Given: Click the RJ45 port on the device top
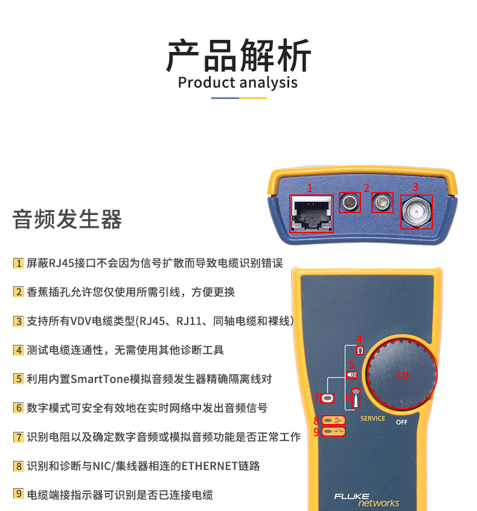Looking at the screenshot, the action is click(x=312, y=214).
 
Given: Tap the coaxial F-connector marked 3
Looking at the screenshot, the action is click(x=417, y=212).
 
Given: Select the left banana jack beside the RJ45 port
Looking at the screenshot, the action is click(x=350, y=203).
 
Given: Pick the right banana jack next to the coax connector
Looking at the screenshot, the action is click(x=382, y=203).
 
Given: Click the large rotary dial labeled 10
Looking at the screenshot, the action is click(x=402, y=374).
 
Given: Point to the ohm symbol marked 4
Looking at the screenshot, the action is click(x=360, y=350).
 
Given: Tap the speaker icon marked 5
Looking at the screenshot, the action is click(x=351, y=374).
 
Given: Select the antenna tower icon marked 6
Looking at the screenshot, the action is click(x=356, y=398).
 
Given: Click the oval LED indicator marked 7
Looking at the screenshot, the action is click(x=327, y=398).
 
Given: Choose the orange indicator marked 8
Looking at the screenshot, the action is click(x=333, y=420).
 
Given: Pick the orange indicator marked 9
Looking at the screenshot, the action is click(x=333, y=431).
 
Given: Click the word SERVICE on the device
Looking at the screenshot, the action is click(x=373, y=419).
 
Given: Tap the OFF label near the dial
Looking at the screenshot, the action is click(x=402, y=422).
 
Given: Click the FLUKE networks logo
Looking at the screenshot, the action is click(x=367, y=500).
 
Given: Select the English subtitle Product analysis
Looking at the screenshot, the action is click(x=237, y=83).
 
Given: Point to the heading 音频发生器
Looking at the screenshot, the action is click(x=67, y=219).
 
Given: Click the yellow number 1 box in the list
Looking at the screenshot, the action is click(x=19, y=263).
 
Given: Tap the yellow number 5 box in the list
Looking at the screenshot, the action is click(x=19, y=379).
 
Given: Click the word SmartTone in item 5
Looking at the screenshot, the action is click(x=100, y=379).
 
